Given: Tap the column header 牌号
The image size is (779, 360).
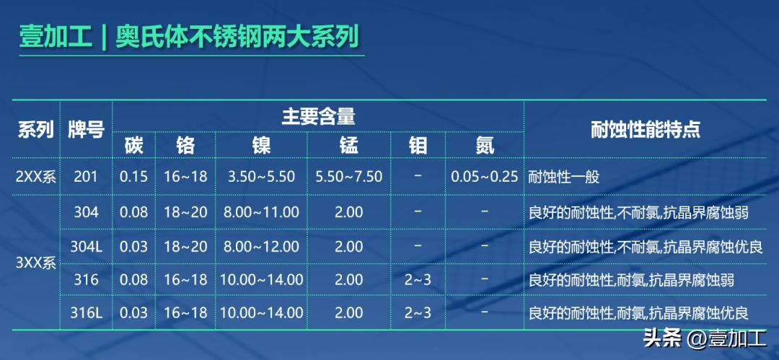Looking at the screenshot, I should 87,130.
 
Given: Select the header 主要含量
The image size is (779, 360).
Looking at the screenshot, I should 318,116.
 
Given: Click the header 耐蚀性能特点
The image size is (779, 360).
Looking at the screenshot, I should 645,130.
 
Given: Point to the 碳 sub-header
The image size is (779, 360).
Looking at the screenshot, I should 133,146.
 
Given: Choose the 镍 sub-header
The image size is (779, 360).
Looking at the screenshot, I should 261,146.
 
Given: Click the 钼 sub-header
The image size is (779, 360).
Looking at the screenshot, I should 418,146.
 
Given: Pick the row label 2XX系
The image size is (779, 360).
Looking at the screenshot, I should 35,177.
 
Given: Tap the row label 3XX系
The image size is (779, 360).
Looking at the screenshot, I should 35,263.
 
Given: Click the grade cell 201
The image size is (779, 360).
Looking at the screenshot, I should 87,177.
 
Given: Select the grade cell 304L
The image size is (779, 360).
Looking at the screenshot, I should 87,246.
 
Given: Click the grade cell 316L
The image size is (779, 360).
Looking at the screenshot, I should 87,313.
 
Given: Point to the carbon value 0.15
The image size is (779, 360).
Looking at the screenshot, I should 133,177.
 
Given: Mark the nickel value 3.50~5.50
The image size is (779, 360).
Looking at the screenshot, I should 261,177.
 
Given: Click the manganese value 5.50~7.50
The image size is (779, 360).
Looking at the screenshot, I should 349,177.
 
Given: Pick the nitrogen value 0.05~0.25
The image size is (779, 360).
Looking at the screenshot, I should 485,177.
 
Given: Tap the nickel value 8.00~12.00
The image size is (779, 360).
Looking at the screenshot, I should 261,246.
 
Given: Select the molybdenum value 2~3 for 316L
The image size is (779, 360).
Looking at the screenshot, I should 418,313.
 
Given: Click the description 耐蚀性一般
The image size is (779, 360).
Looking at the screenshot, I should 564,177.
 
